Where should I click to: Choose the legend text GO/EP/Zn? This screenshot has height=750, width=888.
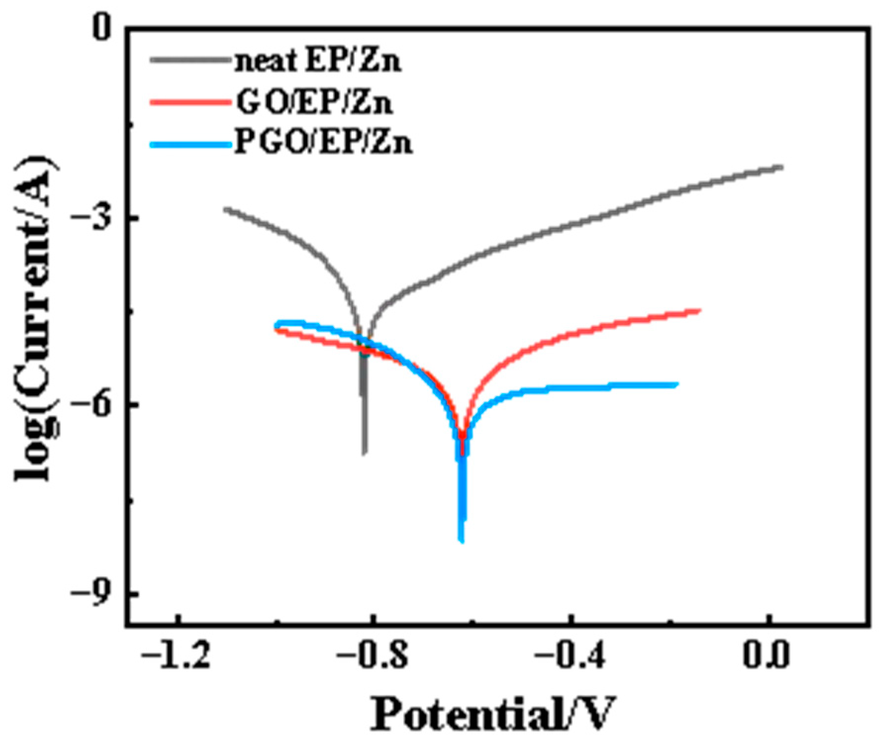(x=315, y=102)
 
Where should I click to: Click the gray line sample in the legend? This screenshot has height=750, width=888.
(x=190, y=60)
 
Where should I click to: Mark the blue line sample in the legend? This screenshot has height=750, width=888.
(x=190, y=145)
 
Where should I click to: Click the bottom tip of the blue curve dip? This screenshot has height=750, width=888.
(x=462, y=541)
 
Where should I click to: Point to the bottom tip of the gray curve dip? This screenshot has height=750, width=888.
(x=365, y=453)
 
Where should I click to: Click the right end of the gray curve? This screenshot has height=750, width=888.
(x=782, y=167)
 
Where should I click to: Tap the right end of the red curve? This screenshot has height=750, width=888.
(x=700, y=311)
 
